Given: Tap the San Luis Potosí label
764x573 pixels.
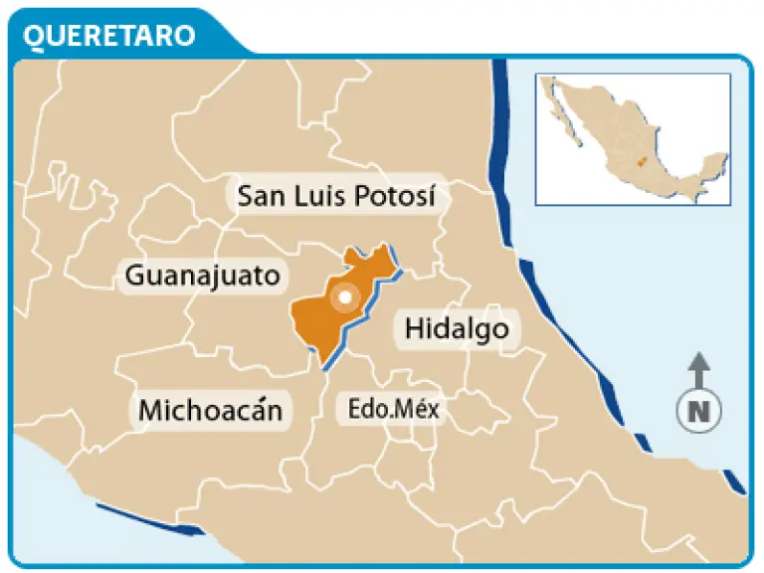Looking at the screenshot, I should click(337, 196).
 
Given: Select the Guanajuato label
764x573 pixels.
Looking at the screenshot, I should click(203, 275).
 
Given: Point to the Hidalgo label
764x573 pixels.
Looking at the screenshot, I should click(457, 328).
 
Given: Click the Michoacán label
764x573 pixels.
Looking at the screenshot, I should click(210, 409).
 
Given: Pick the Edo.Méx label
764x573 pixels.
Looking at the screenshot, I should click(393, 408).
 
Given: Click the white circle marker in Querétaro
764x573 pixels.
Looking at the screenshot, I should click(345, 296).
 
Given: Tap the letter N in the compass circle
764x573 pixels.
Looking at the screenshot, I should click(699, 410).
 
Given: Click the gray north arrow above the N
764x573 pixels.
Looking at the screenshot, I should click(699, 370).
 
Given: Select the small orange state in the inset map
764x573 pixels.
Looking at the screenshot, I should click(642, 160).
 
